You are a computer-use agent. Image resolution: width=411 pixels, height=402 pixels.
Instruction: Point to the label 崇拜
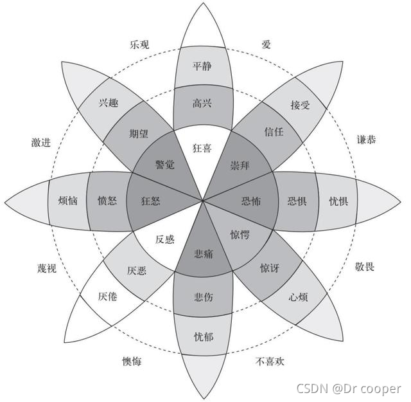pyautogui.click(x=240, y=165)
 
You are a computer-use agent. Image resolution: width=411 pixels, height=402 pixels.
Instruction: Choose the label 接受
pyautogui.click(x=300, y=105)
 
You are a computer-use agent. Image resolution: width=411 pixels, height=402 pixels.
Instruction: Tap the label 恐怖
pyautogui.click(x=251, y=201)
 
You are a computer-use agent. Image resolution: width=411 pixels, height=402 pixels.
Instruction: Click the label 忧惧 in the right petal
pyautogui.click(x=338, y=201)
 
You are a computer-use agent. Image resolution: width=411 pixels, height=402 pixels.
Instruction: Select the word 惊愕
pyautogui.click(x=240, y=235)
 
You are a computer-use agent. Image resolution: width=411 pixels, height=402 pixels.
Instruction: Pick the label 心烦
pyautogui.click(x=300, y=297)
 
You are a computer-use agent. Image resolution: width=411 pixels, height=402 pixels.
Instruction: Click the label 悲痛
pyautogui.click(x=203, y=255)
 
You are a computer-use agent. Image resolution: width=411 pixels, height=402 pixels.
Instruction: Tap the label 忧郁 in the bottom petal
pyautogui.click(x=203, y=335)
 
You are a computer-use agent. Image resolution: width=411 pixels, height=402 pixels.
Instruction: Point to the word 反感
pyautogui.click(x=165, y=239)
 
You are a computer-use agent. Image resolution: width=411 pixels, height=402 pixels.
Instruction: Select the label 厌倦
pyautogui.click(x=107, y=297)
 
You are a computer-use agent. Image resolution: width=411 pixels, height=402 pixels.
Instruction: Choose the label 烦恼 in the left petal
pyautogui.click(x=67, y=201)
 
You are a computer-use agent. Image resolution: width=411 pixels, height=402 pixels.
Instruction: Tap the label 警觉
pyautogui.click(x=165, y=165)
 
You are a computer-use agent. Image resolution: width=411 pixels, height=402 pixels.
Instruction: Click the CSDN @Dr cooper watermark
pyautogui.click(x=348, y=388)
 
